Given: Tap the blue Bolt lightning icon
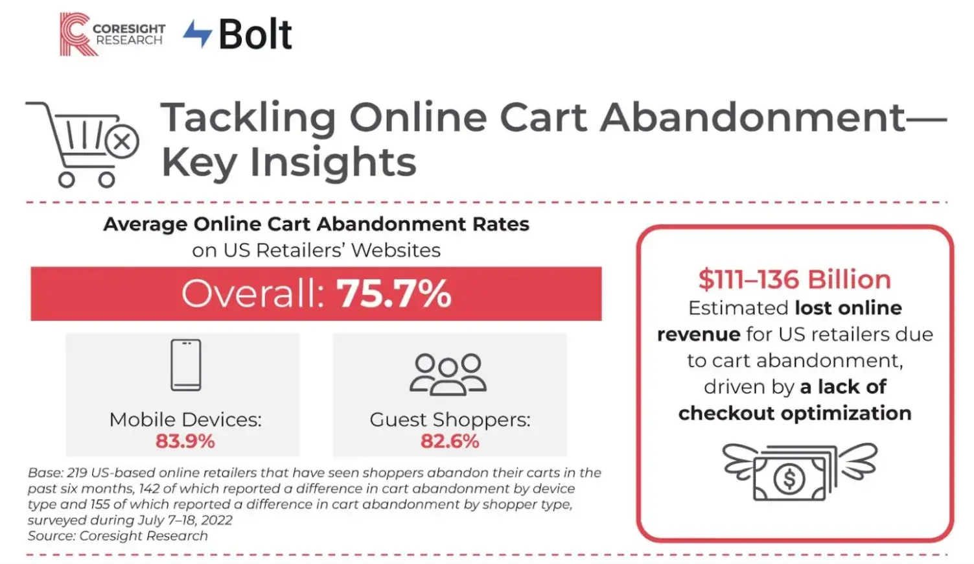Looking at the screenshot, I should click(x=198, y=33).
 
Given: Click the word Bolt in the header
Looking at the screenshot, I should click(x=255, y=34).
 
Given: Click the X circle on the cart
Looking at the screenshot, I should click(x=122, y=142).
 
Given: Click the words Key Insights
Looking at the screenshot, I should click(x=288, y=162).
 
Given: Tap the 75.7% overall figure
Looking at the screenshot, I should click(x=393, y=294).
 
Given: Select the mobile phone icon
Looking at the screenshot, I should click(x=186, y=365).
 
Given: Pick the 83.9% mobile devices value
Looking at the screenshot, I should click(x=185, y=441).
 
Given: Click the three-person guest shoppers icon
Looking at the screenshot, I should click(x=448, y=374).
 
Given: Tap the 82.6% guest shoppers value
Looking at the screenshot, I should click(x=450, y=441).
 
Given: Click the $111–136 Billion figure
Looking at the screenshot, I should click(x=794, y=279).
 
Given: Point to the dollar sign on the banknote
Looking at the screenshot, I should click(x=789, y=479).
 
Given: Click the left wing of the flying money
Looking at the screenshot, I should click(x=739, y=461).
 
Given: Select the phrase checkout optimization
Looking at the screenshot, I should click(x=794, y=413).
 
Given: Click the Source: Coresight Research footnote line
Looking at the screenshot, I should click(x=118, y=536).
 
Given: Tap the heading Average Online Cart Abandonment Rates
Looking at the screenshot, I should click(x=316, y=224).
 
